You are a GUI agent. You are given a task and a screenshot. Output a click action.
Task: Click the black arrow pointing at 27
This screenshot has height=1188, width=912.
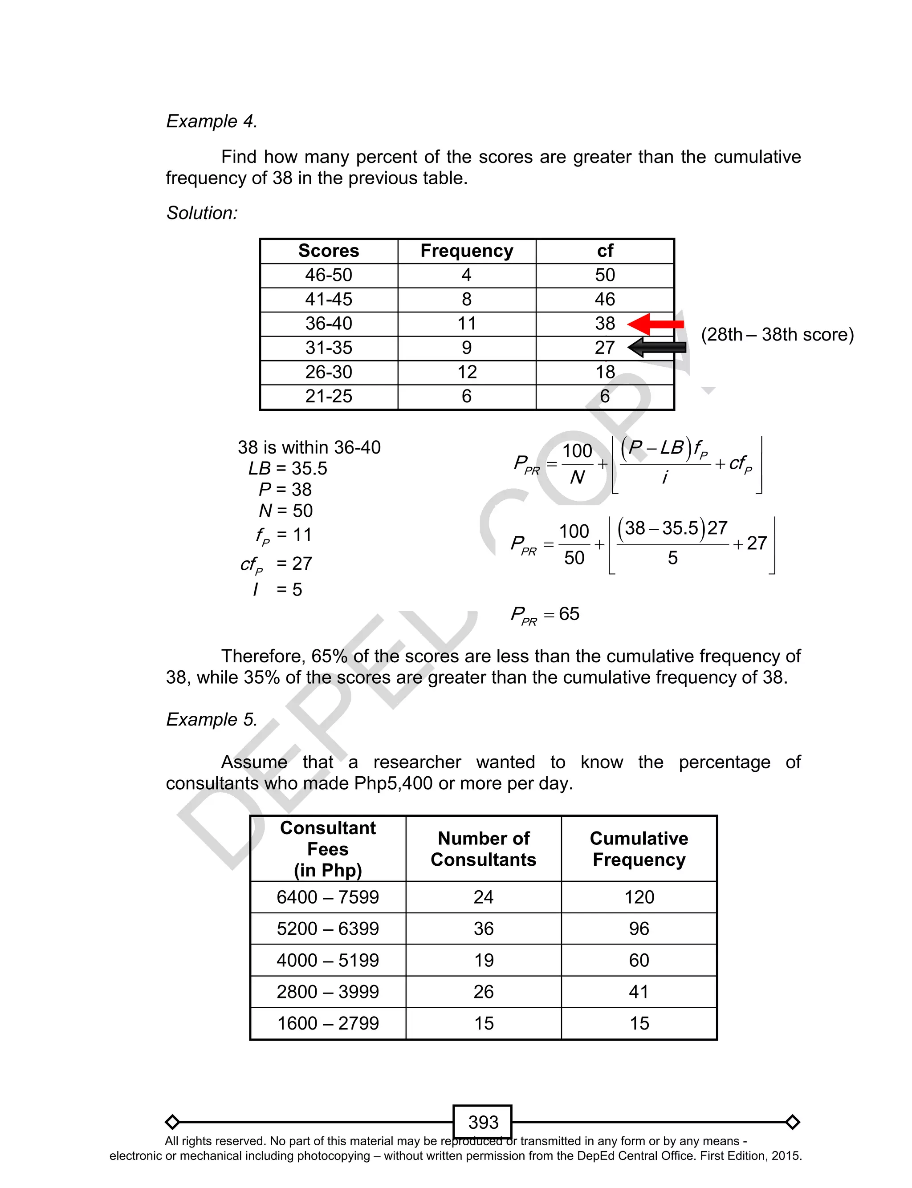coord(657,347)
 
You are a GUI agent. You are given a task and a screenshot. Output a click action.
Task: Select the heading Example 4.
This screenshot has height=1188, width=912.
coord(212,121)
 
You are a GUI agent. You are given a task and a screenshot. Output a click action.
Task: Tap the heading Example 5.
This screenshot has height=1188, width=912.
coord(212,719)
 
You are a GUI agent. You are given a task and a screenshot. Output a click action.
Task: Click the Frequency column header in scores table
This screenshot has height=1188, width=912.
coord(467,251)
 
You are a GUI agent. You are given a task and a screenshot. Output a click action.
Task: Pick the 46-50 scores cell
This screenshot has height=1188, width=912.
coord(329,275)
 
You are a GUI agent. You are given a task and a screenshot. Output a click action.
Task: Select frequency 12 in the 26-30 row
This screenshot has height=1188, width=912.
coord(467,372)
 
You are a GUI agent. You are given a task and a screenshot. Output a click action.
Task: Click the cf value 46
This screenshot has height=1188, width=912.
coord(605,300)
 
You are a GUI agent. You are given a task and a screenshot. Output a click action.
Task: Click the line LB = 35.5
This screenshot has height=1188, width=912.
coord(288,469)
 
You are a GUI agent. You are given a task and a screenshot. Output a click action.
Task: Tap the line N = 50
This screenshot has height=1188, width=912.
coord(285,511)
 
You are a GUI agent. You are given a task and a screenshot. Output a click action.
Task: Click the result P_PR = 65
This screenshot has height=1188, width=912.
coord(545,615)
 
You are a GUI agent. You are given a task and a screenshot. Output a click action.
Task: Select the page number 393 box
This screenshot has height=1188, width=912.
coord(483,1122)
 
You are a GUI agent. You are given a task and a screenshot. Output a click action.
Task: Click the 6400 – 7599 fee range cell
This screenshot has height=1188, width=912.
coord(328,897)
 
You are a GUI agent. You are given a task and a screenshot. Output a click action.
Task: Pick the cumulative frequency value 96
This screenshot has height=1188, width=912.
coord(639,929)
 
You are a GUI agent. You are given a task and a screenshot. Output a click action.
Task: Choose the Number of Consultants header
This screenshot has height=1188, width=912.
coord(483,849)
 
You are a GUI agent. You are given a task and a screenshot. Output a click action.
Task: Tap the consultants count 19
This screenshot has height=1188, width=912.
coord(483,960)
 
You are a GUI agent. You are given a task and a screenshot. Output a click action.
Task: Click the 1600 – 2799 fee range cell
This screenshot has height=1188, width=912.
coord(328,1023)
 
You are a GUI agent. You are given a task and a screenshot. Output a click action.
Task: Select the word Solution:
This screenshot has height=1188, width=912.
coord(202,213)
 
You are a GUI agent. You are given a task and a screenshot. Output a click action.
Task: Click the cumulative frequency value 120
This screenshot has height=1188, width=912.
coord(639,897)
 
